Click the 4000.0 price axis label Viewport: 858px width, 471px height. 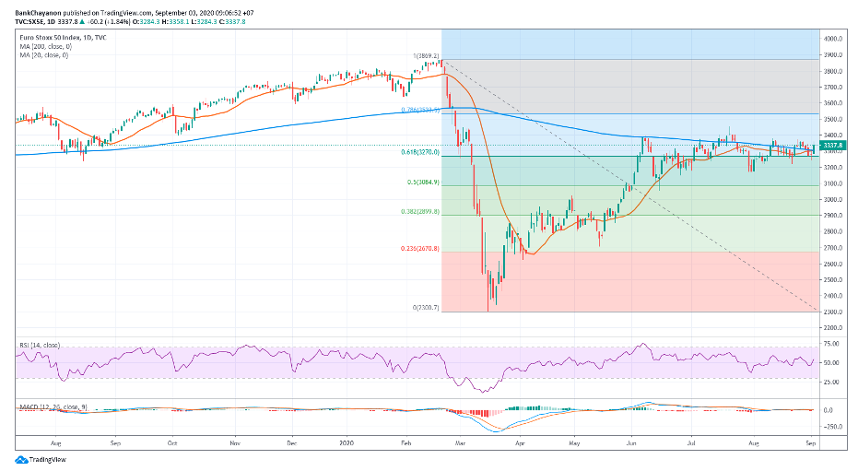[x=834, y=39]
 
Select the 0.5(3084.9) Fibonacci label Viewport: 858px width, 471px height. [x=423, y=183]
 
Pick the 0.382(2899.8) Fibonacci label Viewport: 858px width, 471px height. [x=419, y=212]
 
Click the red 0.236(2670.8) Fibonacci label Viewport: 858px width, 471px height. [x=419, y=249]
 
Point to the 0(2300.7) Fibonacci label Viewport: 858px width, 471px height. [x=425, y=307]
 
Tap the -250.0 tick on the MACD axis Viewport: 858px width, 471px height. [x=833, y=426]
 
